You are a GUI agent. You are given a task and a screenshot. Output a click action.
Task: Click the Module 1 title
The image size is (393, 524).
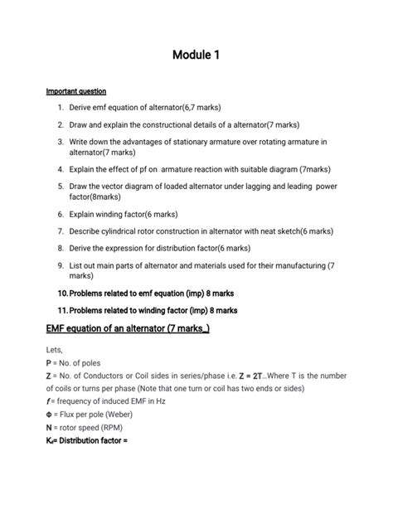pyautogui.click(x=196, y=56)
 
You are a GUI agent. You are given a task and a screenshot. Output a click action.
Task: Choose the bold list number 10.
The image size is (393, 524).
pyautogui.click(x=61, y=294)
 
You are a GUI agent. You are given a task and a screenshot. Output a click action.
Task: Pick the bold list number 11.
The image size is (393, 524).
pyautogui.click(x=61, y=310)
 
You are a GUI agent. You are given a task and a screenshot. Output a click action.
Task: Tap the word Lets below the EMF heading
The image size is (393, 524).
pyautogui.click(x=55, y=351)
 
